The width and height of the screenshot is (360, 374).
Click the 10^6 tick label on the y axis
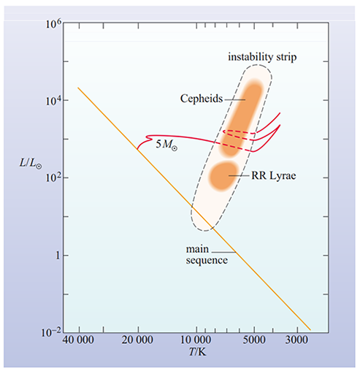[x=49, y=23]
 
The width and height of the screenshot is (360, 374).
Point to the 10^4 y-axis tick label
[x=49, y=100]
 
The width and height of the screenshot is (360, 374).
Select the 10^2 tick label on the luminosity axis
[x=49, y=178]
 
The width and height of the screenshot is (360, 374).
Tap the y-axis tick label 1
[x=53, y=256]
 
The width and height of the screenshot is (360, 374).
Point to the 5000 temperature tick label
[x=253, y=341]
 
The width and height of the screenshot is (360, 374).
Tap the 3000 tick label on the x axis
[x=296, y=341]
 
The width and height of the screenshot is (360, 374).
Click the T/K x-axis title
[x=194, y=354]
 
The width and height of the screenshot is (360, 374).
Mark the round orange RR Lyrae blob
[x=221, y=177]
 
